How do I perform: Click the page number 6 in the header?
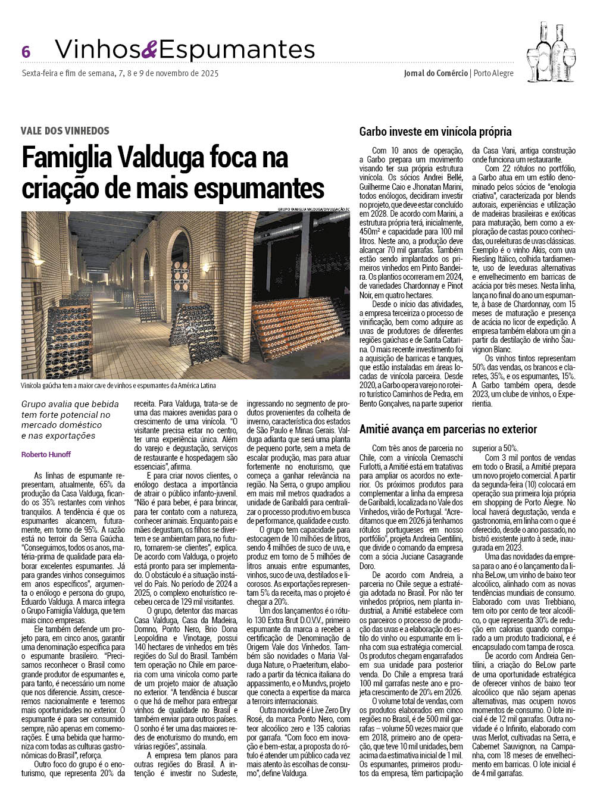coord(26,52)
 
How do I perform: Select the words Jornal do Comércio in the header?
coord(435,73)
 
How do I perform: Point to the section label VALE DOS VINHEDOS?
coord(65,130)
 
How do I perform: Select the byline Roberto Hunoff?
coord(46,454)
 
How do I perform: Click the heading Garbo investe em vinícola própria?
coord(436,132)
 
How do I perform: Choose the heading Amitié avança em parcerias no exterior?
coord(448,429)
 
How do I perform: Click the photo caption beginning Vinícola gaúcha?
coord(118,386)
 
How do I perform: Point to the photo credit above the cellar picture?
coord(313,209)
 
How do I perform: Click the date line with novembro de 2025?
coord(120,73)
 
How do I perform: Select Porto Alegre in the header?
coord(493,73)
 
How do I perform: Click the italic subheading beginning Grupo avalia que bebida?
coord(70,420)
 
